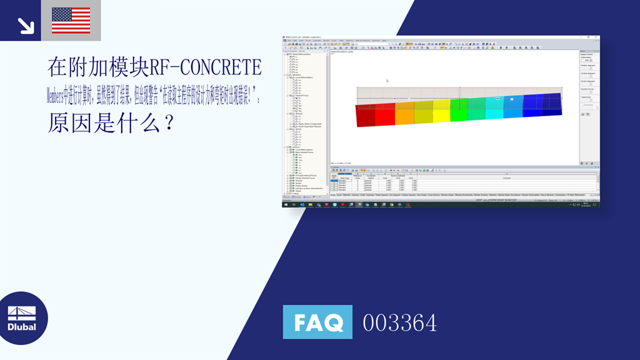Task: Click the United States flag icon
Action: [71, 21]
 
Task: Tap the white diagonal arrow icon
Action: [25, 25]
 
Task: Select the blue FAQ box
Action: [317, 322]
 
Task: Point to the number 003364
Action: [400, 323]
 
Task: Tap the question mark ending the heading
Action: [167, 123]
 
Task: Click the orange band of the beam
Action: [404, 112]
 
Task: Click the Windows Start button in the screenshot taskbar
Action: [286, 204]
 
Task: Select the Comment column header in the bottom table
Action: [506, 178]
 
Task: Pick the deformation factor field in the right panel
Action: [587, 61]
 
